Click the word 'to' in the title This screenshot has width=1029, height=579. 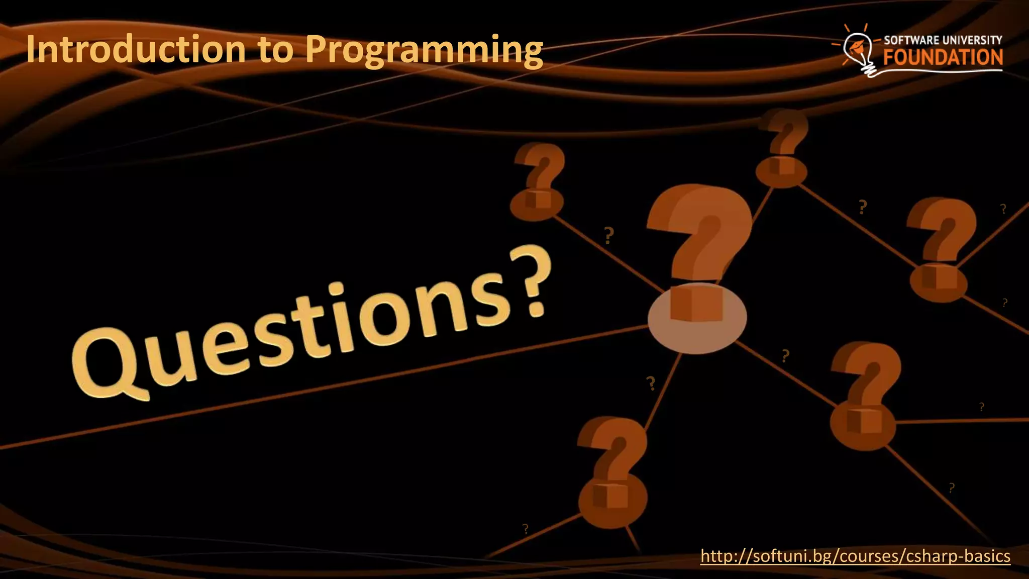coord(275,49)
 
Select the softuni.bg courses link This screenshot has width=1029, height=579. coord(855,556)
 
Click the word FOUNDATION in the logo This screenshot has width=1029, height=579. coord(943,57)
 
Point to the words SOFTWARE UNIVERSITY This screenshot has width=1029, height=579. coord(943,40)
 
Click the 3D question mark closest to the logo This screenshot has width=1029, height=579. coord(782,146)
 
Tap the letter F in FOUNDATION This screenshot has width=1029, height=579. coord(890,57)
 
